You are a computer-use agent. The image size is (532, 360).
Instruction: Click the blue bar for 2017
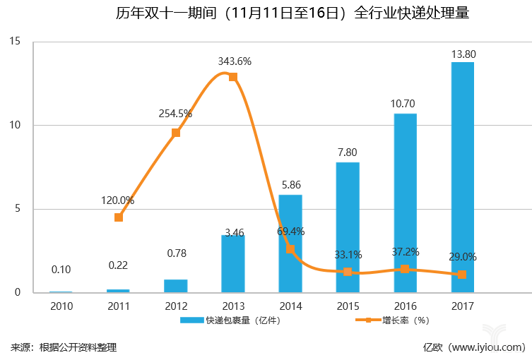[462, 176]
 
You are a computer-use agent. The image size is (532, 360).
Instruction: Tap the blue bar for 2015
[348, 227]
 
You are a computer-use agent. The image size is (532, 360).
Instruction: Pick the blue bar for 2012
[175, 286]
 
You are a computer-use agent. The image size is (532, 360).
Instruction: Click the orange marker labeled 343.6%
[233, 77]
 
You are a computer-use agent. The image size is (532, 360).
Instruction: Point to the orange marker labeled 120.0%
[119, 217]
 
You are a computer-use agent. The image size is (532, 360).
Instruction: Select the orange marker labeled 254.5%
[176, 133]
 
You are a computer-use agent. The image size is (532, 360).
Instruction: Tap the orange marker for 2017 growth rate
[462, 275]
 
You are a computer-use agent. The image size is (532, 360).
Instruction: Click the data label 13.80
[463, 54]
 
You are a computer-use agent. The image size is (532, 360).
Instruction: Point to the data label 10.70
[405, 104]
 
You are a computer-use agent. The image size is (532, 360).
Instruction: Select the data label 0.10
[61, 270]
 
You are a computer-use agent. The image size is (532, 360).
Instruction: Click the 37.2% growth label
[406, 252]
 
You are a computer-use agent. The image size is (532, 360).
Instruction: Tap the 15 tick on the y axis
[16, 43]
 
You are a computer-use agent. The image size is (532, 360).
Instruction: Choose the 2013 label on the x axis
[233, 306]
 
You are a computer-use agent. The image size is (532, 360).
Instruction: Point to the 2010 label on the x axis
[61, 306]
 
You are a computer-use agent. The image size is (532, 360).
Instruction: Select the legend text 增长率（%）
[407, 320]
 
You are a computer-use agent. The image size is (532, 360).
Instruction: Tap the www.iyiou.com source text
[487, 347]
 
